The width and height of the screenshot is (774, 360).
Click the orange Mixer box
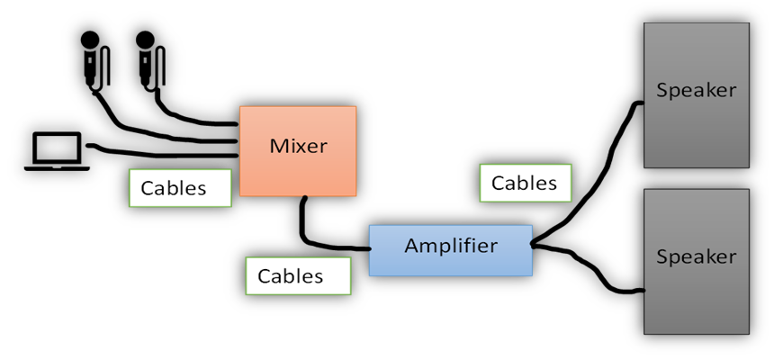298,171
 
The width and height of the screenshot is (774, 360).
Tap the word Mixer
298,146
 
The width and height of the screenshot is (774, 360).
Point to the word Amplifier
450,246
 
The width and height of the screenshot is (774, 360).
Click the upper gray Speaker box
696,126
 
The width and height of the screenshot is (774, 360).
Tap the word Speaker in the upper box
696,91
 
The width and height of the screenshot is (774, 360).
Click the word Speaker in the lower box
696,257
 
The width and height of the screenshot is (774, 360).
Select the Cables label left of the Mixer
180,188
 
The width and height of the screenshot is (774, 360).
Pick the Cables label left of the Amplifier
297,275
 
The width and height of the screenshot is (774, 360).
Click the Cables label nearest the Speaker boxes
525,183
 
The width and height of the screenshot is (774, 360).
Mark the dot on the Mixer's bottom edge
305,196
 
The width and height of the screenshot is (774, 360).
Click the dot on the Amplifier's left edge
369,248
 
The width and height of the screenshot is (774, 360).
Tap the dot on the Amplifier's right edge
533,244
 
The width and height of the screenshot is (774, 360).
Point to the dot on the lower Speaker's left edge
644,290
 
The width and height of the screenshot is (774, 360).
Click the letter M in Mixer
277,146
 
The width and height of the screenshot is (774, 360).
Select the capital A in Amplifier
411,245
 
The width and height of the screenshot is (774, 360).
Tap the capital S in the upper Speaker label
662,91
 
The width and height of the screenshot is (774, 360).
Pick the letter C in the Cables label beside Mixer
148,188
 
